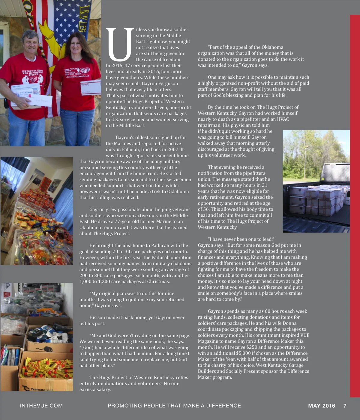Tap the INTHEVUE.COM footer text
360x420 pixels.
point(41,406)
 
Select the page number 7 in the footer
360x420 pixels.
point(345,406)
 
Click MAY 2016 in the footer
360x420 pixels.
point(322,406)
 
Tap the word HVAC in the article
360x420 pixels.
point(283,119)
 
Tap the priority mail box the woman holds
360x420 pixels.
point(91,87)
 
